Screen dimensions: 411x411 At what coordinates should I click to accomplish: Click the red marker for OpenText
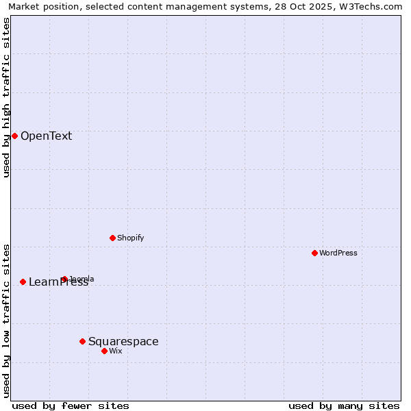(x=14, y=136)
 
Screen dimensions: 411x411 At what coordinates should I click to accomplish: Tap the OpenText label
(x=46, y=136)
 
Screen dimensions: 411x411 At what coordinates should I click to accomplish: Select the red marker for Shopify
(x=112, y=238)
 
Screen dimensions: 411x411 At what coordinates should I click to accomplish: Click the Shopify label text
(x=130, y=238)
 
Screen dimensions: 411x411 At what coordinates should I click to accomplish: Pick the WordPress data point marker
(x=314, y=253)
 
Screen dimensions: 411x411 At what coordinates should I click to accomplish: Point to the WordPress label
(x=338, y=253)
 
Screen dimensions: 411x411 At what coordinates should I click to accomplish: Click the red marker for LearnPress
(x=23, y=282)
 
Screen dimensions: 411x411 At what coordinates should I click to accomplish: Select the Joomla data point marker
(x=64, y=279)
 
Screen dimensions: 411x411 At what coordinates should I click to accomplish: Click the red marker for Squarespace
(x=82, y=341)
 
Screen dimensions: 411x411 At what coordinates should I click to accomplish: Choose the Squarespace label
(x=123, y=341)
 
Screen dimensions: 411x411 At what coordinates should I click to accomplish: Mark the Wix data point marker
(x=104, y=351)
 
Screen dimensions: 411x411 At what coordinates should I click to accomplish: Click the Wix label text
(x=116, y=351)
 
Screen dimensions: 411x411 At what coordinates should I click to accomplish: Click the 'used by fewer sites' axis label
(x=71, y=406)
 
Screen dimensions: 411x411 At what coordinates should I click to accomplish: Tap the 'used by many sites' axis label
(x=344, y=406)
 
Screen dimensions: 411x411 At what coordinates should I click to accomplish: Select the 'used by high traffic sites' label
(x=6, y=97)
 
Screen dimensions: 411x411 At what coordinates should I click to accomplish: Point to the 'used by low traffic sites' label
(x=6, y=321)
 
